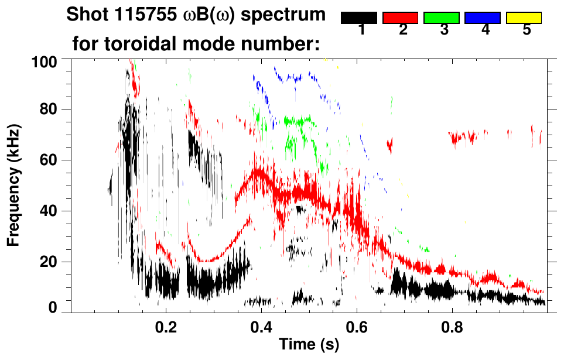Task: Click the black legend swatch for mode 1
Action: (x=359, y=18)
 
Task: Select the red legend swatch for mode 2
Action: (x=400, y=18)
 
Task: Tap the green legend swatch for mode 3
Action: (x=442, y=18)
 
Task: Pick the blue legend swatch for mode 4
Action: (x=483, y=18)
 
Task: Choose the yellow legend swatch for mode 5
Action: (x=524, y=18)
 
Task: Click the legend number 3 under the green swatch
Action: (x=444, y=30)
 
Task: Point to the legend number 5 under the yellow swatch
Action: (x=527, y=30)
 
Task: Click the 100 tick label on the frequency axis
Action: (x=45, y=61)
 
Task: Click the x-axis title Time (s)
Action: (x=309, y=345)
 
